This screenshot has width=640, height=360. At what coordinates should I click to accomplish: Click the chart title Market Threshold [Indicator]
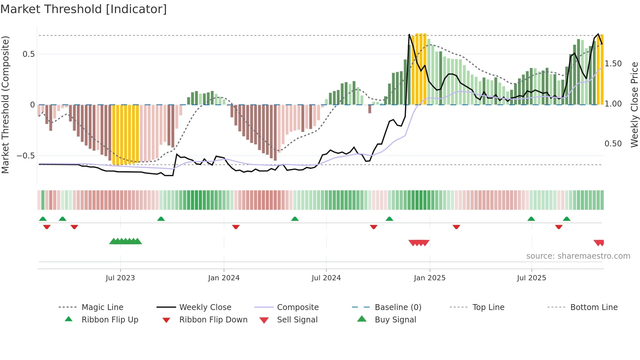pos(84,9)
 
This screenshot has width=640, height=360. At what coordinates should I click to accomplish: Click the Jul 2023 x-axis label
pos(120,278)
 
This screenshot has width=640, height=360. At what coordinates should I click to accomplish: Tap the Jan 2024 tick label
pos(224,278)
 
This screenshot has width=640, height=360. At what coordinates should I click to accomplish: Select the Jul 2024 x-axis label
pos(326,278)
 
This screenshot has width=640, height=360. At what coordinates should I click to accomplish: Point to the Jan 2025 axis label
pos(429,278)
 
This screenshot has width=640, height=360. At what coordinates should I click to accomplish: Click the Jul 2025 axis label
pos(531,278)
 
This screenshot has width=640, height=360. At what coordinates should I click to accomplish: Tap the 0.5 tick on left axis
pos(29,54)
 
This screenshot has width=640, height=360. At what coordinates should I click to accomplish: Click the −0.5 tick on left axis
pos(26,156)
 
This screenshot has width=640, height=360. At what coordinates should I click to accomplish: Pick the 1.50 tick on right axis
pos(613,64)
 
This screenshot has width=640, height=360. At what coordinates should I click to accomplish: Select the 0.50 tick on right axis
pos(613,144)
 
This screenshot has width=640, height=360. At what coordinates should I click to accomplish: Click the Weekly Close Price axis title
pos(634,105)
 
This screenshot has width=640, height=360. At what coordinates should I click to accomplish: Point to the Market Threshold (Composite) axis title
pos(5,105)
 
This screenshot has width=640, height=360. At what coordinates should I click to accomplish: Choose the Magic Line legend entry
pos(102,307)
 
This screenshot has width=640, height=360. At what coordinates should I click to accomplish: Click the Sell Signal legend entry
pos(297,320)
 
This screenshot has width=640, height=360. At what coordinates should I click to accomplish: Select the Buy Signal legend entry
pos(395,320)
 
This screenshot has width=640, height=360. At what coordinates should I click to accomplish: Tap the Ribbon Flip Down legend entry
pos(213,320)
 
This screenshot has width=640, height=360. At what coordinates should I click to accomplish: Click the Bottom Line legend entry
pos(594,307)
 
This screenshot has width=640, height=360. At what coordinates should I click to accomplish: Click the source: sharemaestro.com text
pos(578,256)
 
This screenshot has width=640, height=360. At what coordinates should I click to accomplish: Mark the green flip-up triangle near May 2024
pos(295,219)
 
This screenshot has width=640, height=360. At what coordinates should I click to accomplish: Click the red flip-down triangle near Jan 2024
pos(236,227)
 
